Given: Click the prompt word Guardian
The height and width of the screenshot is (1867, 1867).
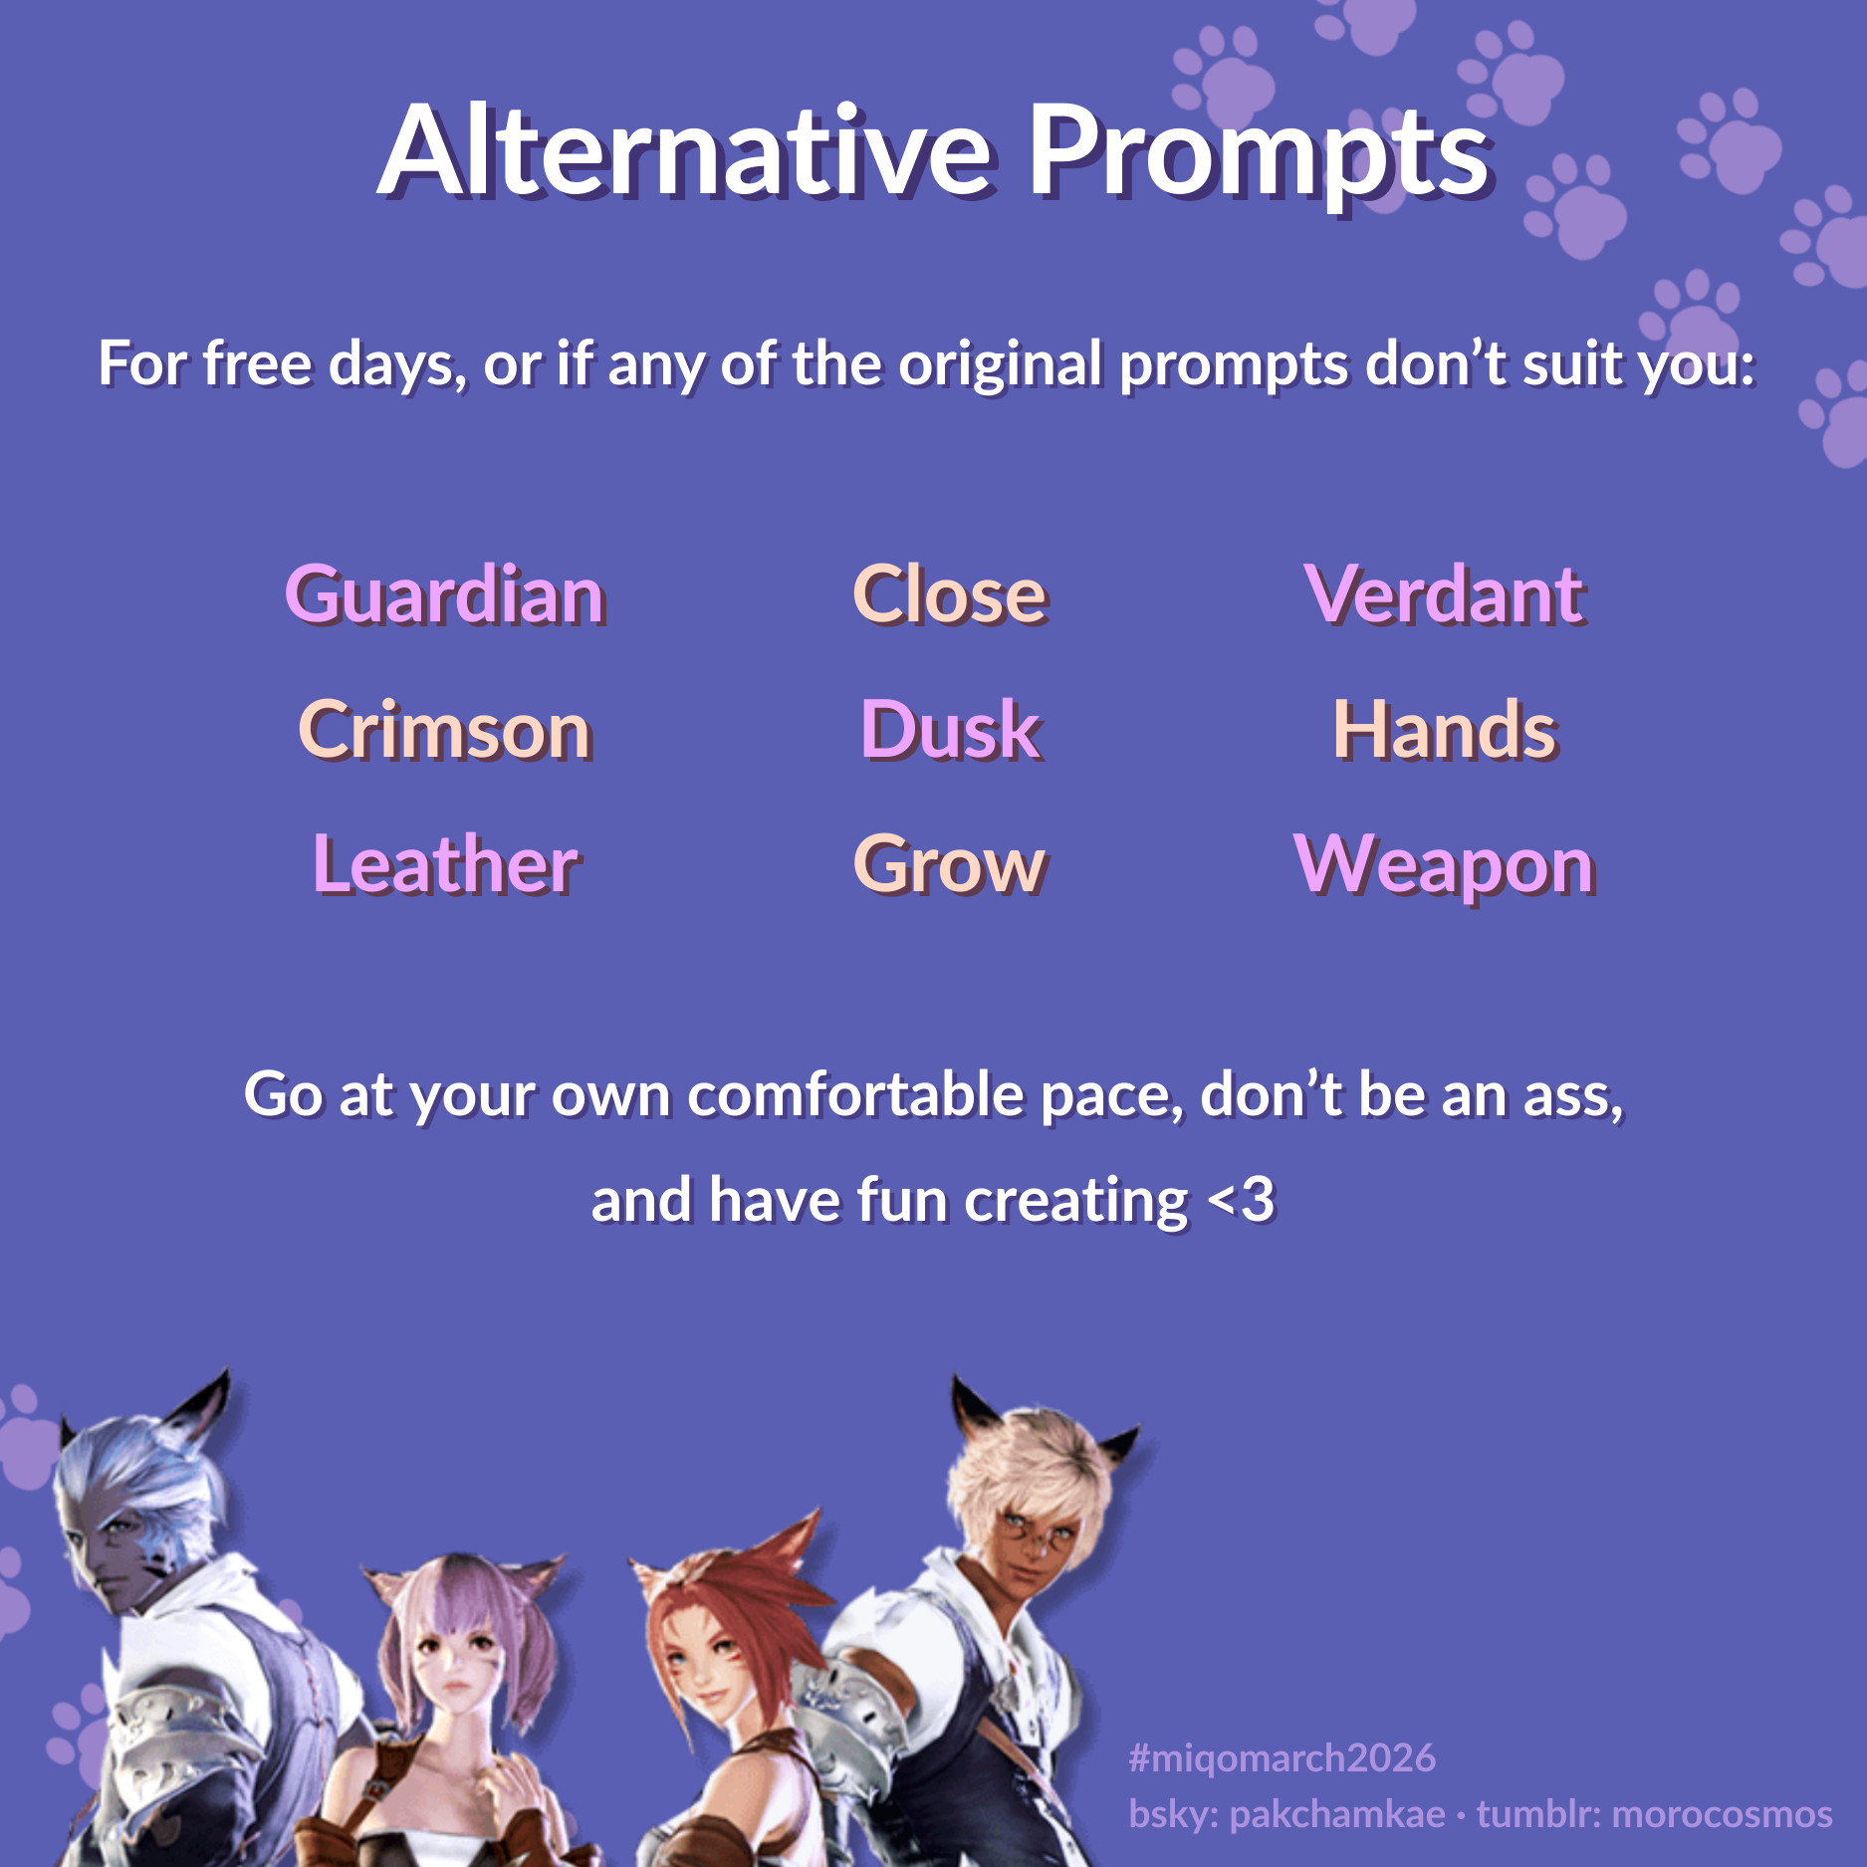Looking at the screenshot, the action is (445, 594).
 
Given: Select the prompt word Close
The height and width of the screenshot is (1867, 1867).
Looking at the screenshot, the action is (950, 594).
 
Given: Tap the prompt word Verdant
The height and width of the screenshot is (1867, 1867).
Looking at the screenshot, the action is (1445, 594).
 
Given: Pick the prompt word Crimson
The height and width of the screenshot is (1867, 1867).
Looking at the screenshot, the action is (445, 730).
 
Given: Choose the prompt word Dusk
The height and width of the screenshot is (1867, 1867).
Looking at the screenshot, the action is (950, 730).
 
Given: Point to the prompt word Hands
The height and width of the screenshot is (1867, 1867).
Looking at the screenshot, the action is (1445, 730).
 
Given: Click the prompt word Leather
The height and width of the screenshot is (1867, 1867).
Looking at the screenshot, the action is (445, 864).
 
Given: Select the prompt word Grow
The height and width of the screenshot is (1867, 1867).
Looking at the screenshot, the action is (950, 864).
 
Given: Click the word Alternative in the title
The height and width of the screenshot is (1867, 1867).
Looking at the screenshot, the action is (685, 151).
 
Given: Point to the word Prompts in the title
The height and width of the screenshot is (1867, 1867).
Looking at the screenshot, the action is (1259, 157).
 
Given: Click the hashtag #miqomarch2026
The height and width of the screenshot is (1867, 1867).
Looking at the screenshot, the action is (1283, 1757).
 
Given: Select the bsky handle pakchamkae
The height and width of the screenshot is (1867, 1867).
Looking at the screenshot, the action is (1337, 1813).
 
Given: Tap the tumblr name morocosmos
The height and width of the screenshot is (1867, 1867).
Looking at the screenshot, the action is (1722, 1813).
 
